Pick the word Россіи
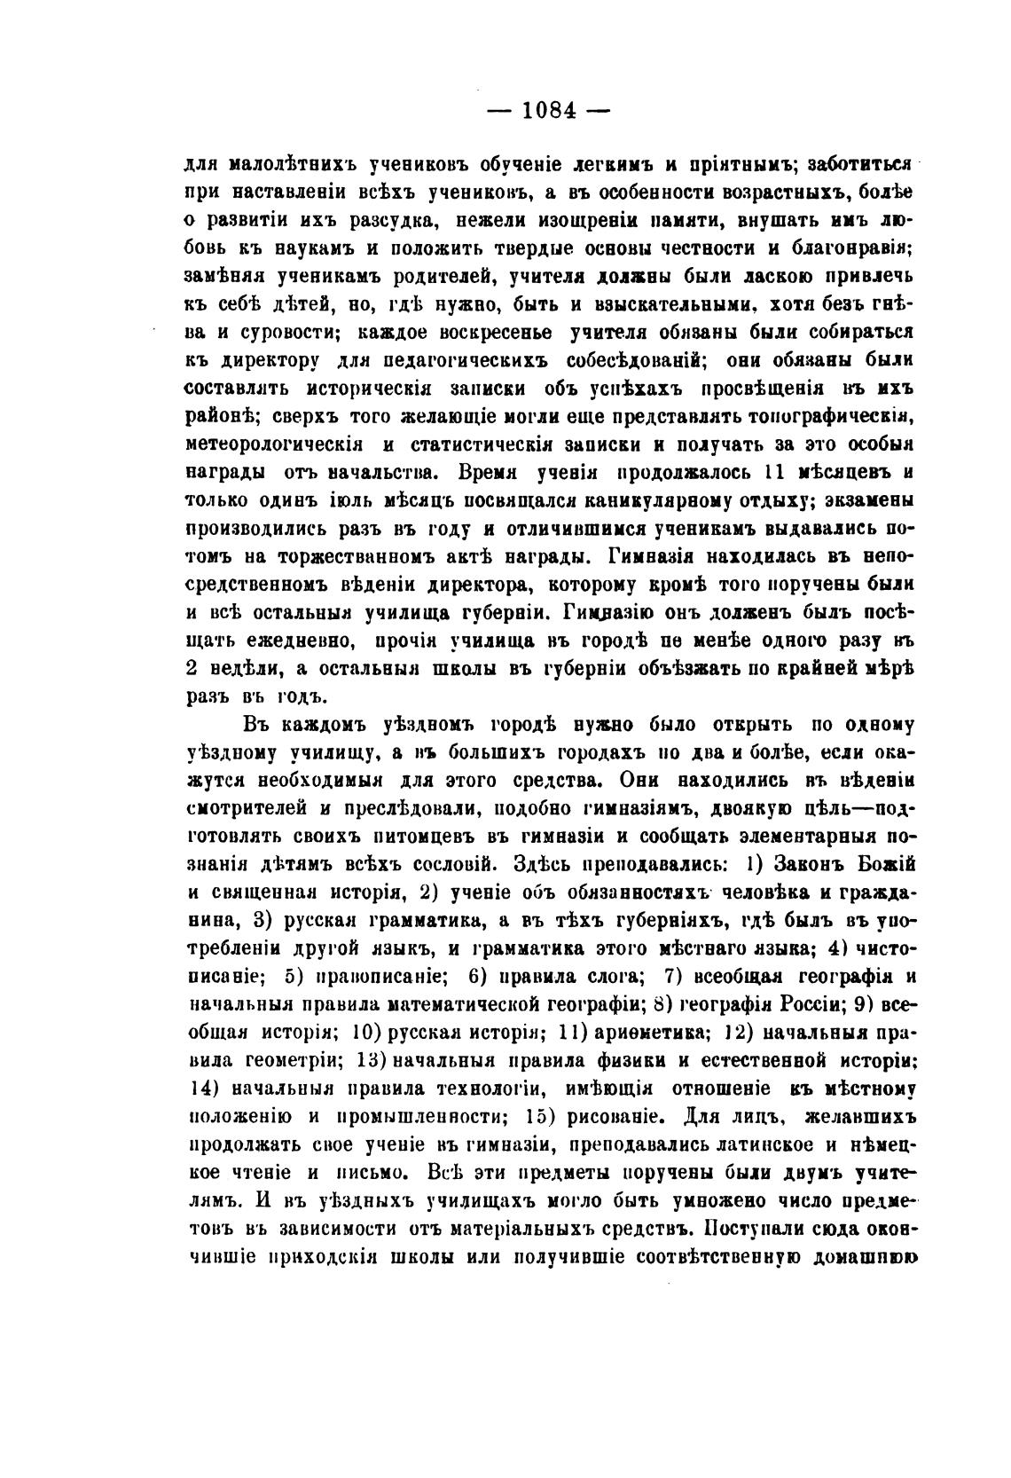pos(810,1004)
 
